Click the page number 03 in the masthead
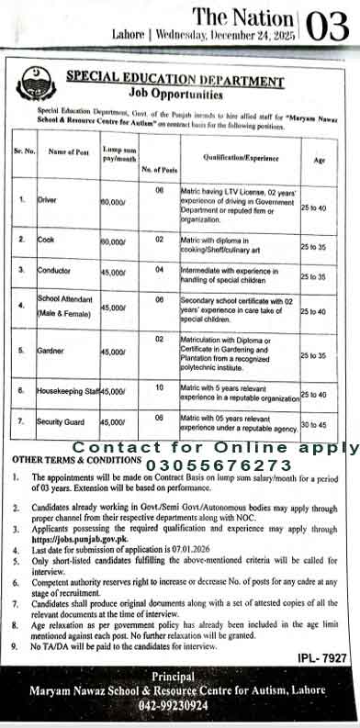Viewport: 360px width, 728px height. tap(329, 24)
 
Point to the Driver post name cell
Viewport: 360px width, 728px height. tap(48, 198)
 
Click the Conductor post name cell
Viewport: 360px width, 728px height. tap(53, 271)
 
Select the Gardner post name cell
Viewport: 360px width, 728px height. tap(51, 352)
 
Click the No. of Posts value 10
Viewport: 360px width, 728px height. tap(159, 387)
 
